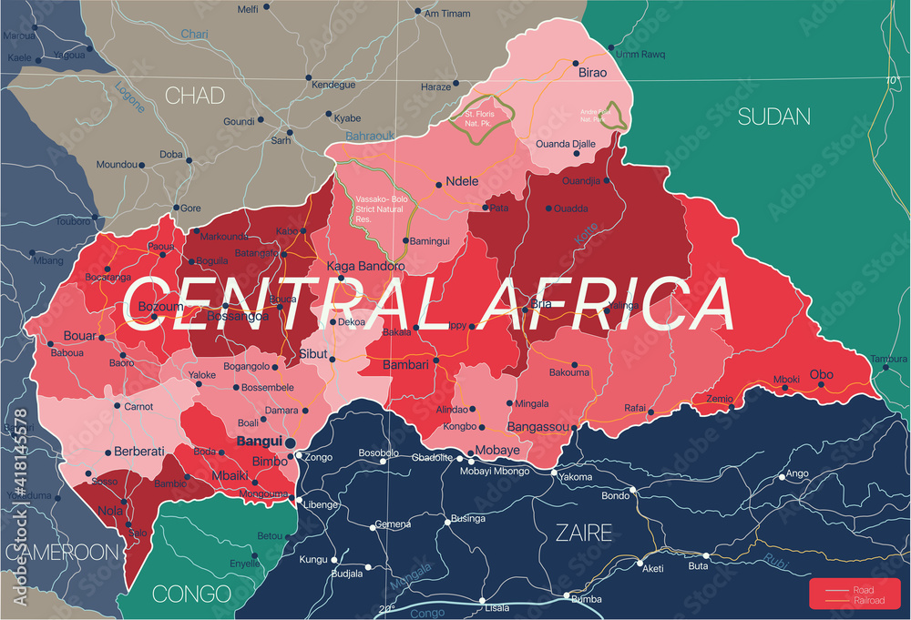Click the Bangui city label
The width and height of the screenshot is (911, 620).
(x=259, y=442)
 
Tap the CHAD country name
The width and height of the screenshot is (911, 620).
(x=195, y=95)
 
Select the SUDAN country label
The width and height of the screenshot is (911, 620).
(x=773, y=116)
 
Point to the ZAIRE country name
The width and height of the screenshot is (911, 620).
(x=584, y=533)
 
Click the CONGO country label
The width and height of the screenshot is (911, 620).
(x=191, y=594)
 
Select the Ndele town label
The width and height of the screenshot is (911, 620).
(x=462, y=181)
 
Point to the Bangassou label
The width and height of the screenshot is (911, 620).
(x=537, y=426)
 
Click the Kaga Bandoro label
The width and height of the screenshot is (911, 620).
(x=365, y=266)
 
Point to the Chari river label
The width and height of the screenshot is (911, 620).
(x=194, y=34)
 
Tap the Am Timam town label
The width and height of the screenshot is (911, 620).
(x=450, y=13)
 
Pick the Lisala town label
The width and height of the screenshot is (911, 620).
(x=496, y=607)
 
